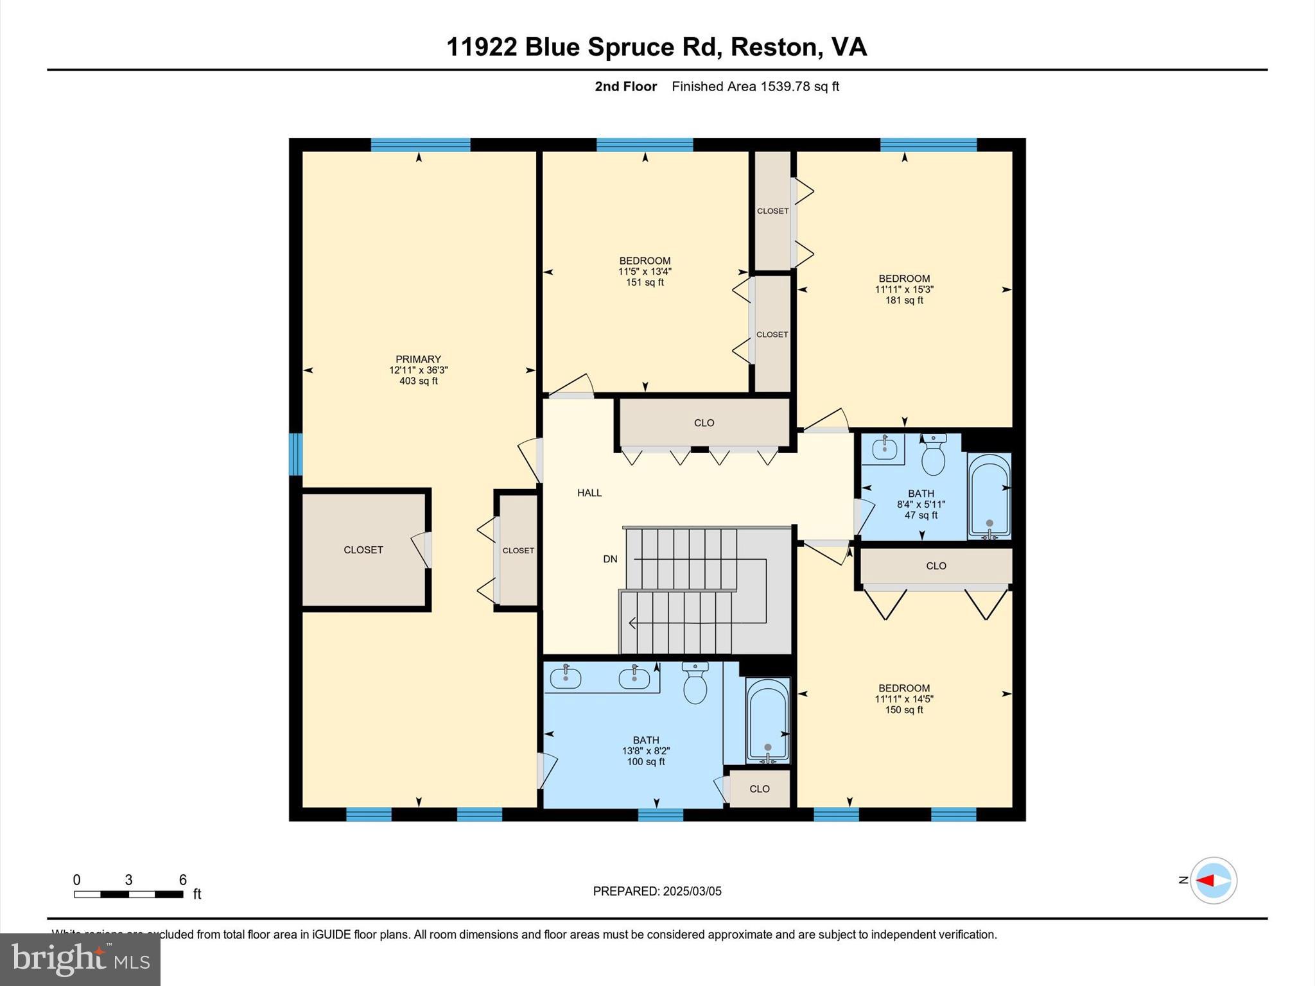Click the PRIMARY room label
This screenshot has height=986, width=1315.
point(418,359)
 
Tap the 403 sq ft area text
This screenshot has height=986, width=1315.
point(418,381)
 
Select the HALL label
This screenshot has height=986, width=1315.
point(589,493)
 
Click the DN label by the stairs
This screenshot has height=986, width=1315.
point(609,559)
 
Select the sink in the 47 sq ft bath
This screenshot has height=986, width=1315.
point(884,448)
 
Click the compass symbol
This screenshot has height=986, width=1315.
point(1213,880)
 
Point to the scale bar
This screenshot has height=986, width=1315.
point(128,894)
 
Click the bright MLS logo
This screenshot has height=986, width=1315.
point(80,959)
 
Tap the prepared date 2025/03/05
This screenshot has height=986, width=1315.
point(657,891)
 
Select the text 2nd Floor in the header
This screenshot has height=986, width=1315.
point(625,87)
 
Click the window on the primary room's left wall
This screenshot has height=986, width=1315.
point(295,454)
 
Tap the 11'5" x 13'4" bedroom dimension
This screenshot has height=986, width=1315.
point(645,272)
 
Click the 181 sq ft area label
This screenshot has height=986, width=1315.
point(904,300)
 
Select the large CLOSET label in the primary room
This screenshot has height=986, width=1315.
point(363,550)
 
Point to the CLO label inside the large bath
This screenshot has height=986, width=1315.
point(759,789)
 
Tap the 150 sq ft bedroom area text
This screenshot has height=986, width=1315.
point(904,710)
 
